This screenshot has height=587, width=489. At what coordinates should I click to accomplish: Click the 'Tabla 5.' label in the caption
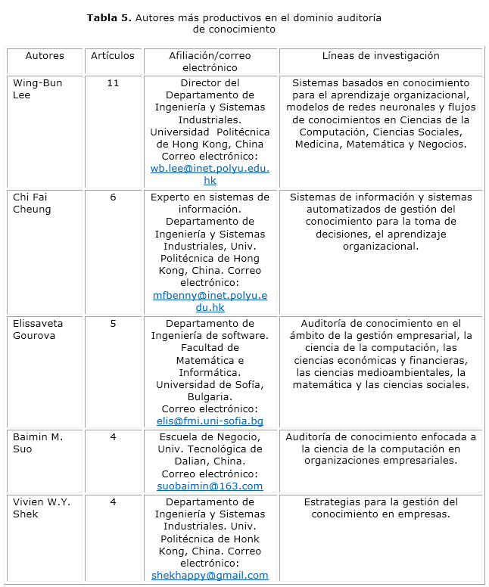(x=110, y=17)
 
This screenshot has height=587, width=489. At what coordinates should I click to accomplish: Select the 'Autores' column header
(x=45, y=56)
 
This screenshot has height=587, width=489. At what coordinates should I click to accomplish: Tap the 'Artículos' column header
(x=113, y=56)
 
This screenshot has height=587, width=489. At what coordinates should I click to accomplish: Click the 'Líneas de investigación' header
(x=381, y=56)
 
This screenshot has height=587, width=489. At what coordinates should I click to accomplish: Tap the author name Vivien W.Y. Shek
(x=39, y=508)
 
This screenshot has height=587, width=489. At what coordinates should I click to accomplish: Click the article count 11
(x=113, y=83)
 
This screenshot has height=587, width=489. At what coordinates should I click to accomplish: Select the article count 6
(x=113, y=197)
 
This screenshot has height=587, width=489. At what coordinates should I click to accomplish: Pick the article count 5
(x=113, y=324)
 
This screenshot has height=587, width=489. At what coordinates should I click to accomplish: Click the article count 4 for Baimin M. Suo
(x=113, y=437)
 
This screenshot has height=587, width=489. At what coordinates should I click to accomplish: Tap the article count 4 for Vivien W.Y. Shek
(x=113, y=502)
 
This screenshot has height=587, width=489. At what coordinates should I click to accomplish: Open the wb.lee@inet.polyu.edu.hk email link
(x=210, y=175)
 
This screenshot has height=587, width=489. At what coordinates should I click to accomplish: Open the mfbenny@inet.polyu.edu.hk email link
(x=210, y=301)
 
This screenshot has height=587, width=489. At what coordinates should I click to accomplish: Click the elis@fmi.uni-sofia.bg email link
(x=210, y=421)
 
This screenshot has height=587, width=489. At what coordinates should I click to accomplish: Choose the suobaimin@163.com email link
(x=210, y=486)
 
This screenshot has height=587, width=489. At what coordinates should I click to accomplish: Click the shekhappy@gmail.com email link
(x=210, y=576)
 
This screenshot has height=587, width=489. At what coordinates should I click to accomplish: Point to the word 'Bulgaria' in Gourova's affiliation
(x=210, y=397)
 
